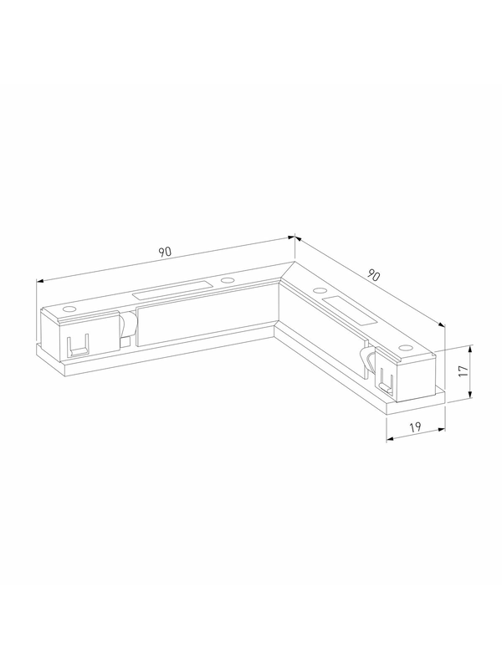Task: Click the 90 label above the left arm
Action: [165, 252]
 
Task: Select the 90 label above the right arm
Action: [373, 276]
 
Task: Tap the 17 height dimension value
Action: [464, 370]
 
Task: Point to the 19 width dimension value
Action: [415, 426]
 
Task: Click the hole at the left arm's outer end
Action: [69, 309]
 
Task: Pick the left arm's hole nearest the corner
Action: [227, 281]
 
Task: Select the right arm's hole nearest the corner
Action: [319, 290]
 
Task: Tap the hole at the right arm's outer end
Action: [405, 348]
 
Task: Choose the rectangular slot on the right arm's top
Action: [349, 310]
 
